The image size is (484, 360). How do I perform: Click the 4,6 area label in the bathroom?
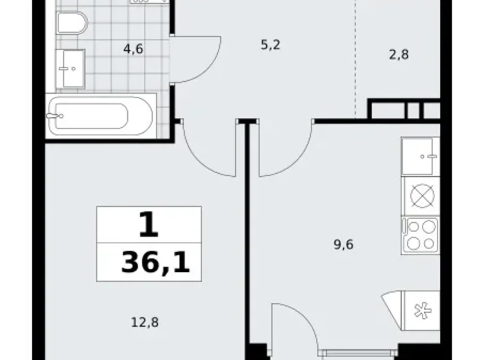coord(133,49)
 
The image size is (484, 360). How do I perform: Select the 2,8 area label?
coord(399,54)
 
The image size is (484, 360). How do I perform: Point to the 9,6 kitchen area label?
coord(343,245)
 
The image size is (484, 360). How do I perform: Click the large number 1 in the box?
coord(149,226)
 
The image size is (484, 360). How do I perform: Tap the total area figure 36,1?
coord(155,264)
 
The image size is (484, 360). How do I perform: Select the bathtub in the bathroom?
coord(99,115)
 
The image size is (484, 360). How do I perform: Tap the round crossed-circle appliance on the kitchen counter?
coord(421,196)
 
